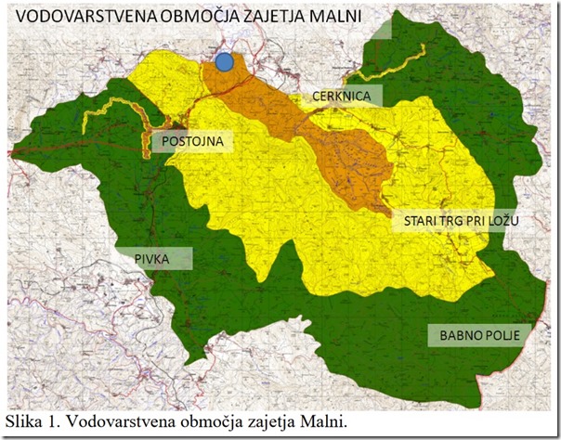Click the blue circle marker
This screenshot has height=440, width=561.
(225, 62)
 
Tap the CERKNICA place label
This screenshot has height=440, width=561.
(342, 97)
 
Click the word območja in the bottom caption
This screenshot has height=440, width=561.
(208, 422)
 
